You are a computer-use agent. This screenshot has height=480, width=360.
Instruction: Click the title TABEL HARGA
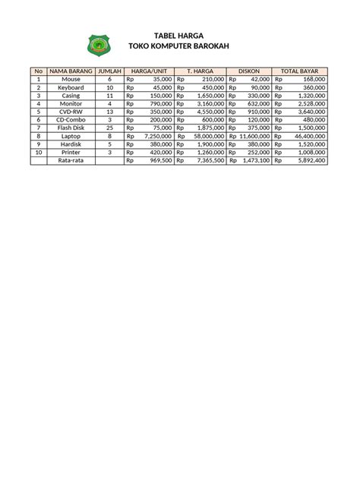pyautogui.click(x=179, y=36)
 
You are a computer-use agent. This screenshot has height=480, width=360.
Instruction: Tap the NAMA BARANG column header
pyautogui.click(x=71, y=71)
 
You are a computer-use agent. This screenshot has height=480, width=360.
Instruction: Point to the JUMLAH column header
pyautogui.click(x=109, y=71)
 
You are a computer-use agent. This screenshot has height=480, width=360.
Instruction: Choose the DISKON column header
pyautogui.click(x=249, y=71)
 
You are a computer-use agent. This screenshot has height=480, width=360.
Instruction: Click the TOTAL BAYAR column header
pyautogui.click(x=300, y=71)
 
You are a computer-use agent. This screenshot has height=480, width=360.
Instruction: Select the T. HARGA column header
pyautogui.click(x=200, y=71)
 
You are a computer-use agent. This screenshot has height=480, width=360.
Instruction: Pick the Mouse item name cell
pyautogui.click(x=71, y=78)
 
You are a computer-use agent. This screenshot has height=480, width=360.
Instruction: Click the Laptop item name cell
pyautogui.click(x=71, y=136)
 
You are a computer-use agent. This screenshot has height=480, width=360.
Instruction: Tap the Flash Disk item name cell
pyautogui.click(x=71, y=128)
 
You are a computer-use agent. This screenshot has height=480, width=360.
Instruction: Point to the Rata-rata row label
pyautogui.click(x=71, y=160)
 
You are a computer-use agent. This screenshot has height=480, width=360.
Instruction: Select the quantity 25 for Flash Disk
pyautogui.click(x=109, y=128)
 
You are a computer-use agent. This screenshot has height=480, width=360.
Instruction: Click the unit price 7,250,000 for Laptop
pyautogui.click(x=157, y=136)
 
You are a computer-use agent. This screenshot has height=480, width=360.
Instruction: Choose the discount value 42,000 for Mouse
pyautogui.click(x=259, y=78)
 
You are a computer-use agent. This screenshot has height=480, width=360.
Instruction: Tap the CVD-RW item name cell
pyautogui.click(x=71, y=112)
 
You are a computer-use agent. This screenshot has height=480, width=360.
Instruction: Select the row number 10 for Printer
pyautogui.click(x=38, y=152)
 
